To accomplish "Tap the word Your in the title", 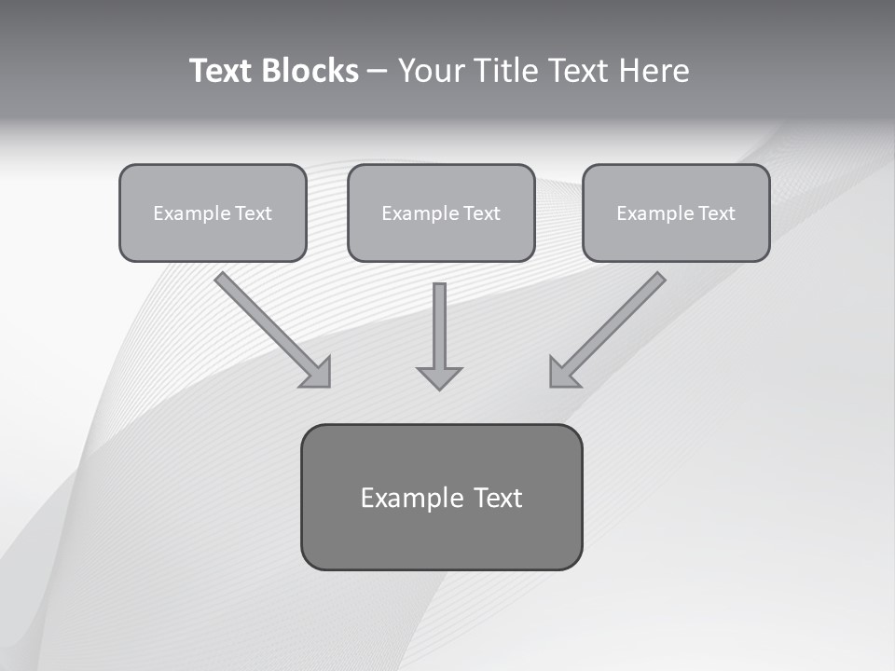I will point(433,71).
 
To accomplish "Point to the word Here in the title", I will point(654,71).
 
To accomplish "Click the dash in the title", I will point(377,72).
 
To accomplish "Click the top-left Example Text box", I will point(213,212).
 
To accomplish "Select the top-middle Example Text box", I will point(441,212).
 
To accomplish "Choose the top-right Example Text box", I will point(676,212).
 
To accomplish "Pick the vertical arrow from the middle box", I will point(439,331).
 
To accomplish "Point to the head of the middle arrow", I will point(439,378).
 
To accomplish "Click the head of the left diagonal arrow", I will point(318,373).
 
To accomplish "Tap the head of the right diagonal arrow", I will point(562,373).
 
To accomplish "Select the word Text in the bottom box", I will point(498,498).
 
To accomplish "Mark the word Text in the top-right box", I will point(717,213).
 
